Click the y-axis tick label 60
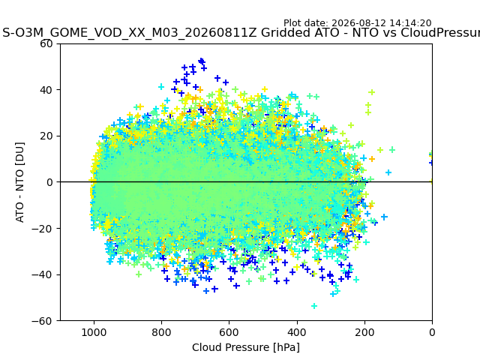(x=46, y=43)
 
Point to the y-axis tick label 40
(x=46, y=90)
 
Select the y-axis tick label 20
(x=46, y=136)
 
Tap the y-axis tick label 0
(x=49, y=182)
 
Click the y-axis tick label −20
(x=42, y=229)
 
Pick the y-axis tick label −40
(x=42, y=275)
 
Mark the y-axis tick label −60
(x=42, y=321)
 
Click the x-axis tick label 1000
(x=94, y=332)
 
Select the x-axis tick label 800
(x=162, y=332)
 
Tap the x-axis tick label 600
(x=229, y=332)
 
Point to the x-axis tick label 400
(x=297, y=332)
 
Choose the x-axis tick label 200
(x=364, y=332)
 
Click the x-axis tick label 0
(x=432, y=332)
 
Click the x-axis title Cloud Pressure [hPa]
(x=246, y=348)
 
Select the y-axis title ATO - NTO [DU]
(x=19, y=182)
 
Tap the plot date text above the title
(x=357, y=23)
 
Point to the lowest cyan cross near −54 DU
(x=314, y=306)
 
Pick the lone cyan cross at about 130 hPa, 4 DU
(x=388, y=172)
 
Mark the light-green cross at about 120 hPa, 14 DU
(x=392, y=150)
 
